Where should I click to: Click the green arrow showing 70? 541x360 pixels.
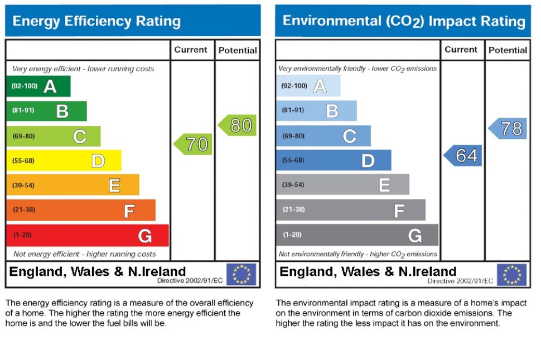tap(194, 144)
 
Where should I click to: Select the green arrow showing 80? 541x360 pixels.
tap(238, 125)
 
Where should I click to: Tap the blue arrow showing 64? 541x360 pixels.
tap(463, 155)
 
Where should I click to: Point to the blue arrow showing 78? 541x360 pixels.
tap(509, 129)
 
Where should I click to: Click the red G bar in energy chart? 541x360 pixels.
tap(87, 235)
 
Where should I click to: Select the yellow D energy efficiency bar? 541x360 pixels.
tap(64, 161)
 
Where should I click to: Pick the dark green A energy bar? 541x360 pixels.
tap(38, 86)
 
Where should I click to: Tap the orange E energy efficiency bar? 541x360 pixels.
tap(73, 185)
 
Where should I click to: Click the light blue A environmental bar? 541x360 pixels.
tap(308, 86)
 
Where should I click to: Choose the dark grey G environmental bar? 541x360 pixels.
tap(357, 235)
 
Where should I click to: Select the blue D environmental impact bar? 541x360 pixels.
tap(334, 160)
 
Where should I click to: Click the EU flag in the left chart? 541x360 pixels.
tap(241, 274)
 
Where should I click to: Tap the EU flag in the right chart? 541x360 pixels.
tap(511, 275)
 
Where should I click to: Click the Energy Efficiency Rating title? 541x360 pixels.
tap(96, 22)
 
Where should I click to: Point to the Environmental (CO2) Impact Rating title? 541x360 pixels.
tap(404, 21)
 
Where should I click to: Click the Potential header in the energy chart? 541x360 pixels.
tap(238, 50)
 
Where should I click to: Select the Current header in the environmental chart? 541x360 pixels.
tap(461, 50)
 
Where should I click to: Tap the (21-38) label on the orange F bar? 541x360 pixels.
tap(23, 210)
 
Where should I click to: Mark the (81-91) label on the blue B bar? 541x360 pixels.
tap(293, 110)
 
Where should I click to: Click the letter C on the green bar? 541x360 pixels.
tap(80, 136)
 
